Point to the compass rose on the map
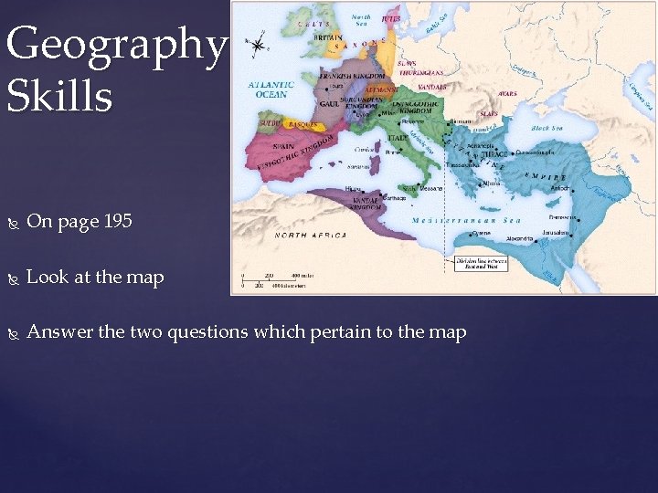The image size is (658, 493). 260,44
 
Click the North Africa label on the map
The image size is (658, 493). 312,235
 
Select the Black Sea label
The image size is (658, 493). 547,129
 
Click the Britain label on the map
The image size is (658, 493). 330,37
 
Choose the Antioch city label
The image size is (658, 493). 558,188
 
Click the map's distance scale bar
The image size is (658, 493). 273,280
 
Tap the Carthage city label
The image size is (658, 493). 394,196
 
